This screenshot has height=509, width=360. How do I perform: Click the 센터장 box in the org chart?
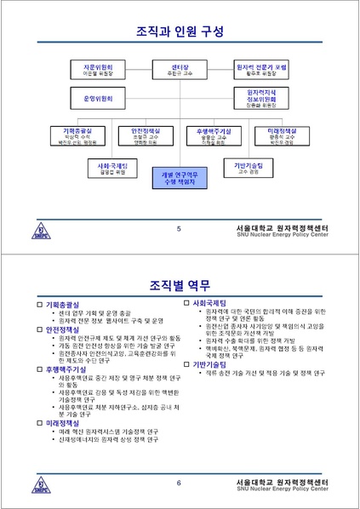(x=178, y=69)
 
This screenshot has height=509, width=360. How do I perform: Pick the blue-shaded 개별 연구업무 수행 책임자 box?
(x=178, y=176)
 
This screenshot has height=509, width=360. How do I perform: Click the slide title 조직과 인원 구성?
(x=180, y=32)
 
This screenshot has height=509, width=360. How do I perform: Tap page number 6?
(x=179, y=483)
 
